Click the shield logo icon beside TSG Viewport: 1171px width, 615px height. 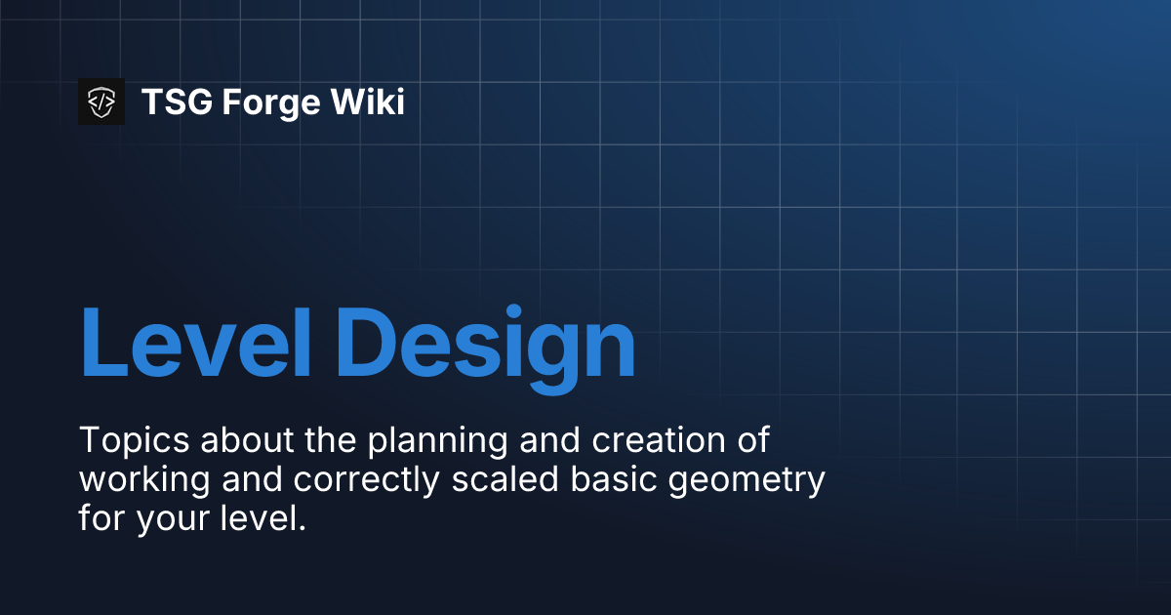click(101, 102)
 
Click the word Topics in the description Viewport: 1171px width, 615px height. click(134, 441)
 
